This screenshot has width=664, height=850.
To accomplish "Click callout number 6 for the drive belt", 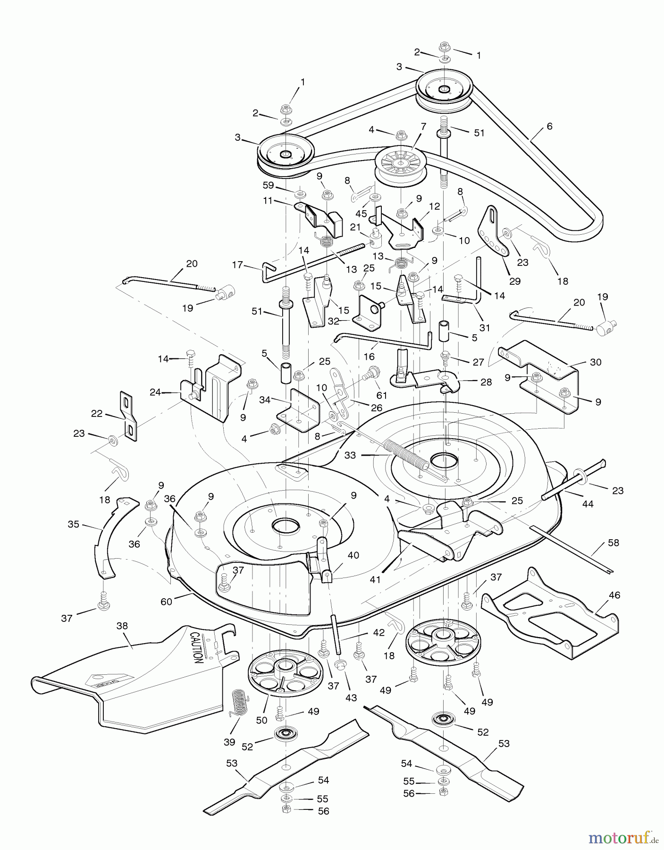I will [549, 127].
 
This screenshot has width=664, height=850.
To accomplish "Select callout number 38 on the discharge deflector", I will [122, 626].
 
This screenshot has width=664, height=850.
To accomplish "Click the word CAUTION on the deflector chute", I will [197, 646].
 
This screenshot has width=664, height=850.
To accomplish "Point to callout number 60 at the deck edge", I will [166, 601].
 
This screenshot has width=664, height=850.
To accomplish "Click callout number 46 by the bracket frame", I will [614, 595].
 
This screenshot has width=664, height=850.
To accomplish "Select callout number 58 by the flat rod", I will [614, 543].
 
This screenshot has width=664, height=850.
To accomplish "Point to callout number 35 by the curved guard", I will [74, 524].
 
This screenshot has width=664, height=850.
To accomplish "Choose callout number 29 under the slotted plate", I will [515, 281].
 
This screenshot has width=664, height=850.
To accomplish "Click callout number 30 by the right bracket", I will [596, 362].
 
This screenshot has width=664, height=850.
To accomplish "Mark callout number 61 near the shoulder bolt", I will [382, 395].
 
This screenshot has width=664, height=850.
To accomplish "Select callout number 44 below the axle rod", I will [588, 504].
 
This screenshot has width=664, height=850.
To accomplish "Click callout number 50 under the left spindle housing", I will [261, 720].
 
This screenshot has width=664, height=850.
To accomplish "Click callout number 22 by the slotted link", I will [97, 413].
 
